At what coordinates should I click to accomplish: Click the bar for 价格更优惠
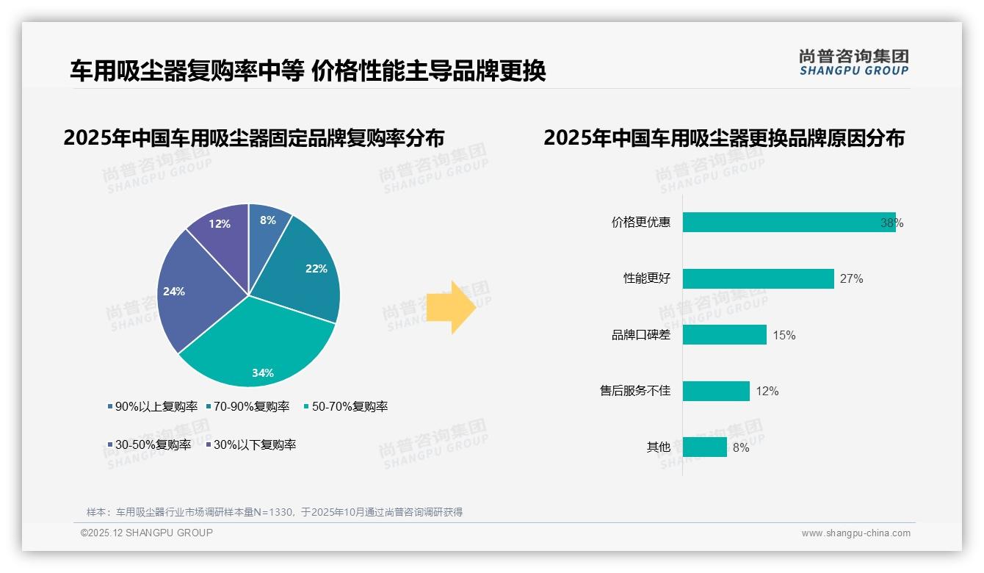click(789, 223)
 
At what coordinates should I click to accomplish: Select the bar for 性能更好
click(758, 278)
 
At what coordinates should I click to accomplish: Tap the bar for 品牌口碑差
click(724, 335)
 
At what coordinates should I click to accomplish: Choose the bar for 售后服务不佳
click(716, 391)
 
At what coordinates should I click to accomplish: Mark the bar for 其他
click(704, 447)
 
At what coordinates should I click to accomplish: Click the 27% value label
click(852, 279)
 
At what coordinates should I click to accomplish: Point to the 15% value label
click(784, 336)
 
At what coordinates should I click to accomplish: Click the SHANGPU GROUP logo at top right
click(853, 62)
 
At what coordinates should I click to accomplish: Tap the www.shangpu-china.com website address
click(855, 533)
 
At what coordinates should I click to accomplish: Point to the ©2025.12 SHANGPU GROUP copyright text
click(147, 533)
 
